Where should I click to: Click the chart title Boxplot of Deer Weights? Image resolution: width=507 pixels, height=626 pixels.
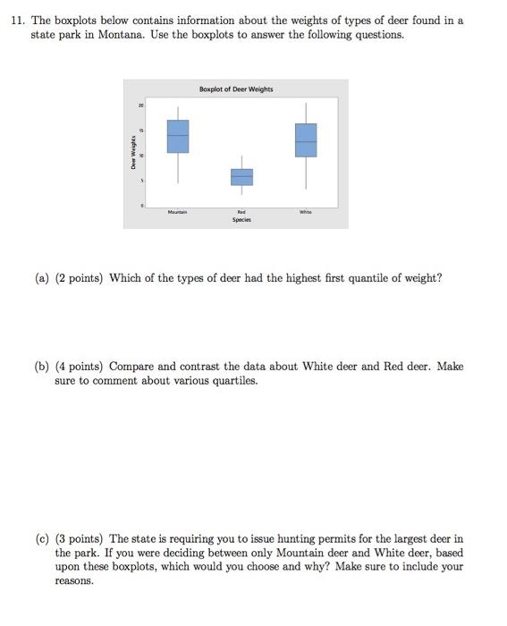pyautogui.click(x=237, y=89)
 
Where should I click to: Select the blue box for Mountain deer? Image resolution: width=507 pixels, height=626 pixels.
pyautogui.click(x=178, y=136)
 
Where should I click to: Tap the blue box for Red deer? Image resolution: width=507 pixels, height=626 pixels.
pyautogui.click(x=242, y=177)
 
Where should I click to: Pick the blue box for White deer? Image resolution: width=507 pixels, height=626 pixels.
pyautogui.click(x=306, y=140)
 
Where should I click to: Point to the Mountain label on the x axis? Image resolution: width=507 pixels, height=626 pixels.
pyautogui.click(x=178, y=212)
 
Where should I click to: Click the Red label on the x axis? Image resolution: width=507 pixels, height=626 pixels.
pyautogui.click(x=241, y=212)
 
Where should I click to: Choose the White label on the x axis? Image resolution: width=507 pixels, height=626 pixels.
pyautogui.click(x=306, y=212)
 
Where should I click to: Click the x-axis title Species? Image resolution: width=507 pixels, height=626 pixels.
pyautogui.click(x=241, y=219)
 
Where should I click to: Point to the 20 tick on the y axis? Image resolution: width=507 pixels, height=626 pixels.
pyautogui.click(x=140, y=106)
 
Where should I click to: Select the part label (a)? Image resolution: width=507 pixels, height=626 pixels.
pyautogui.click(x=42, y=278)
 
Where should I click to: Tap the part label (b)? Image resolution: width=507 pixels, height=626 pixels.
pyautogui.click(x=42, y=367)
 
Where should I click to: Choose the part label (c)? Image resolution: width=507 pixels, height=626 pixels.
pyautogui.click(x=42, y=539)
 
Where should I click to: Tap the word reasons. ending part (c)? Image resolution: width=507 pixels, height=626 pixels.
pyautogui.click(x=73, y=581)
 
